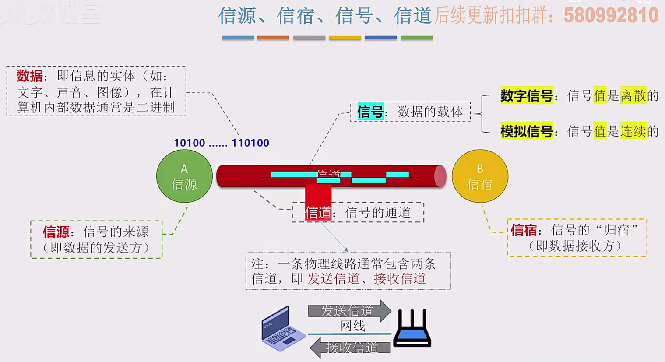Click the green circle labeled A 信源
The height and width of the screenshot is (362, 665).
184,176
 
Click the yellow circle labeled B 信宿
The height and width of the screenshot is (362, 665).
480,176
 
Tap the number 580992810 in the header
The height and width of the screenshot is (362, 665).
611,16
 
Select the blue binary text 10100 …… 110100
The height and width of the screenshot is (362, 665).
222,143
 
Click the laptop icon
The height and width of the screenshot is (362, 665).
282,328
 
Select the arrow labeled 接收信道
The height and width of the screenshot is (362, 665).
350,348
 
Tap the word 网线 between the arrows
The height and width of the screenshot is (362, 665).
352,326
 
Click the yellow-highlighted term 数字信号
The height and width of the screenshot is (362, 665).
527,95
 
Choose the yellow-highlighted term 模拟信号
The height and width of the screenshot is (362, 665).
527,131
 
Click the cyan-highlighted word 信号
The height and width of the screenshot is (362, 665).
370,112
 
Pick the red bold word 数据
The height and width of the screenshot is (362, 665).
30,76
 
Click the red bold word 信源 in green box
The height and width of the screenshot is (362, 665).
56,232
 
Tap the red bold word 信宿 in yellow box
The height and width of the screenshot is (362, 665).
524,230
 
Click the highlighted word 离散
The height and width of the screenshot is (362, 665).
633,95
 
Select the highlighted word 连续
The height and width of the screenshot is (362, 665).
633,131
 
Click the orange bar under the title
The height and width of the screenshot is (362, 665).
273,38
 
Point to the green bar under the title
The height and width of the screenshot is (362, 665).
417,38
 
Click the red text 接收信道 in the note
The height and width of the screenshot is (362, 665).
399,279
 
